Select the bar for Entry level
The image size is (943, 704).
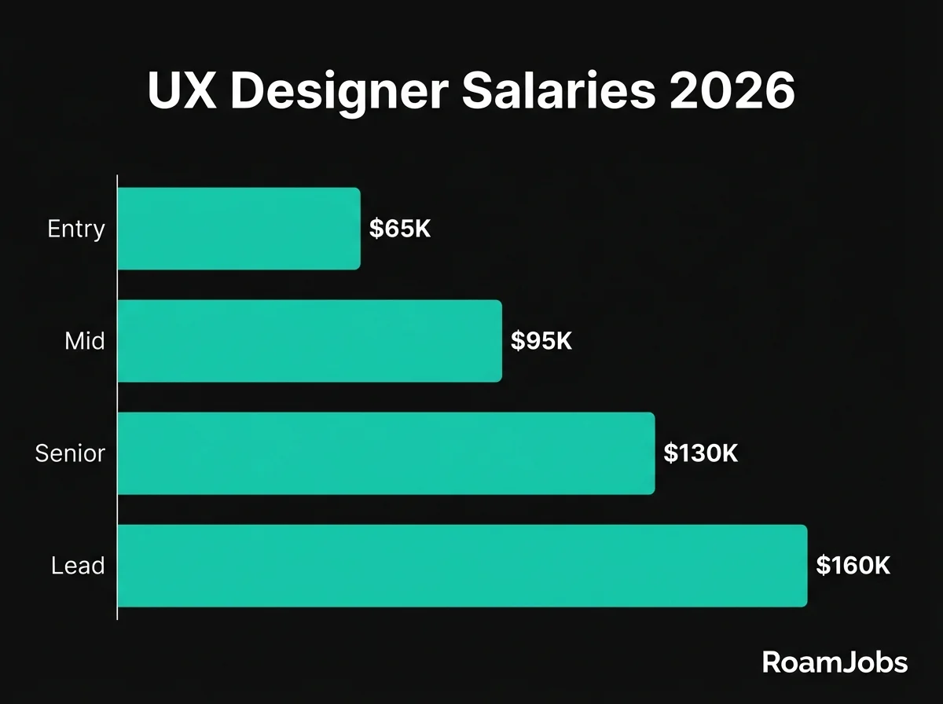239,229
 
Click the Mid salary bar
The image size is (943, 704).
310,341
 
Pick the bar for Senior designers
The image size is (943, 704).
386,453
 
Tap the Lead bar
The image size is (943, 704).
462,566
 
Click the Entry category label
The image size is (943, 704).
76,229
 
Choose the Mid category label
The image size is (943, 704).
85,342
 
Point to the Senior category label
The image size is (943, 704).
70,453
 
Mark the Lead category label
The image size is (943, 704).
78,566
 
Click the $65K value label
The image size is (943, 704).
401,229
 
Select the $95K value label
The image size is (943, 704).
541,342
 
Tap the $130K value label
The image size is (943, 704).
700,453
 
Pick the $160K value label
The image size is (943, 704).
853,566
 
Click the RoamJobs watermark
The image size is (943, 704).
835,662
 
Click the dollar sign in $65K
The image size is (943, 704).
376,229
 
